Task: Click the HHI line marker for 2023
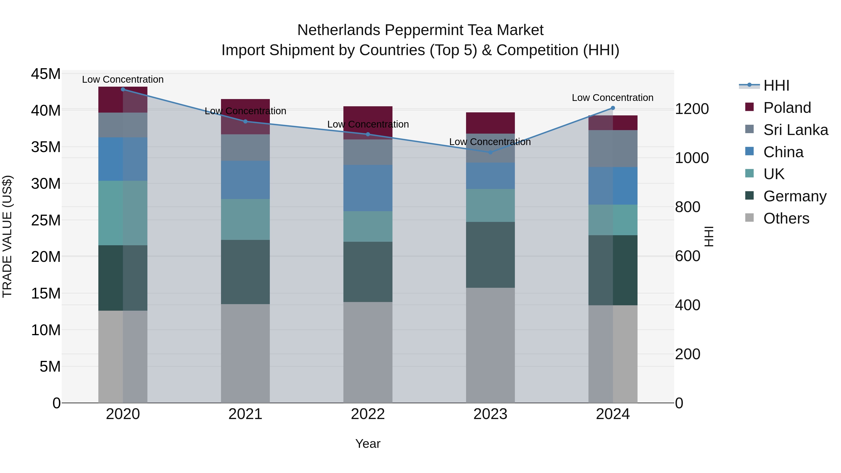click(x=490, y=152)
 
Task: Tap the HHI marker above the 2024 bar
click(x=613, y=108)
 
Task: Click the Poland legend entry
click(x=787, y=108)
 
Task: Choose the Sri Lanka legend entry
click(x=795, y=130)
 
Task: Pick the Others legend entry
click(x=786, y=218)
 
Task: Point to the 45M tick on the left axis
click(x=46, y=74)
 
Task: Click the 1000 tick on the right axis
click(x=692, y=158)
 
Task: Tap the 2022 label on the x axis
click(x=368, y=414)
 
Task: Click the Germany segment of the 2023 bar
click(x=490, y=255)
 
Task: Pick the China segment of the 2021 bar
click(x=245, y=180)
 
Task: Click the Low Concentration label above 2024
click(x=613, y=98)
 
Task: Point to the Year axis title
click(x=368, y=444)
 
